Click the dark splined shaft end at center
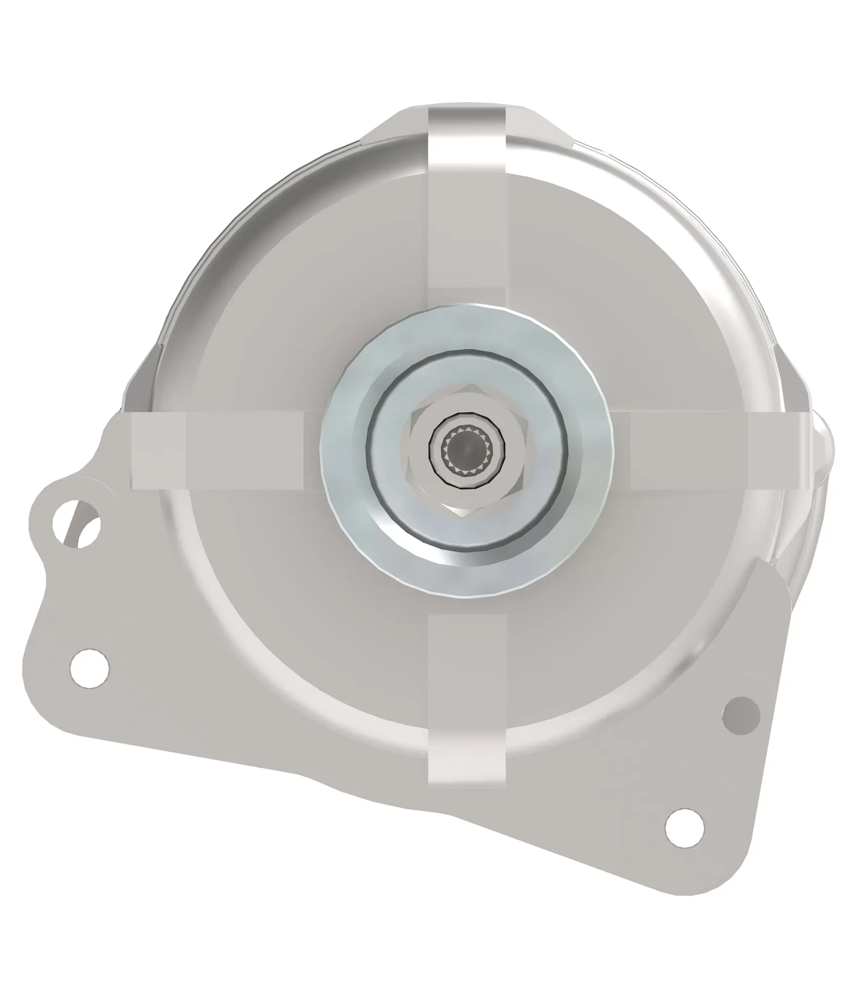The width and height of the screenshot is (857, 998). [x=466, y=445]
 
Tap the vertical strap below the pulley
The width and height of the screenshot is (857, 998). [x=466, y=682]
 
